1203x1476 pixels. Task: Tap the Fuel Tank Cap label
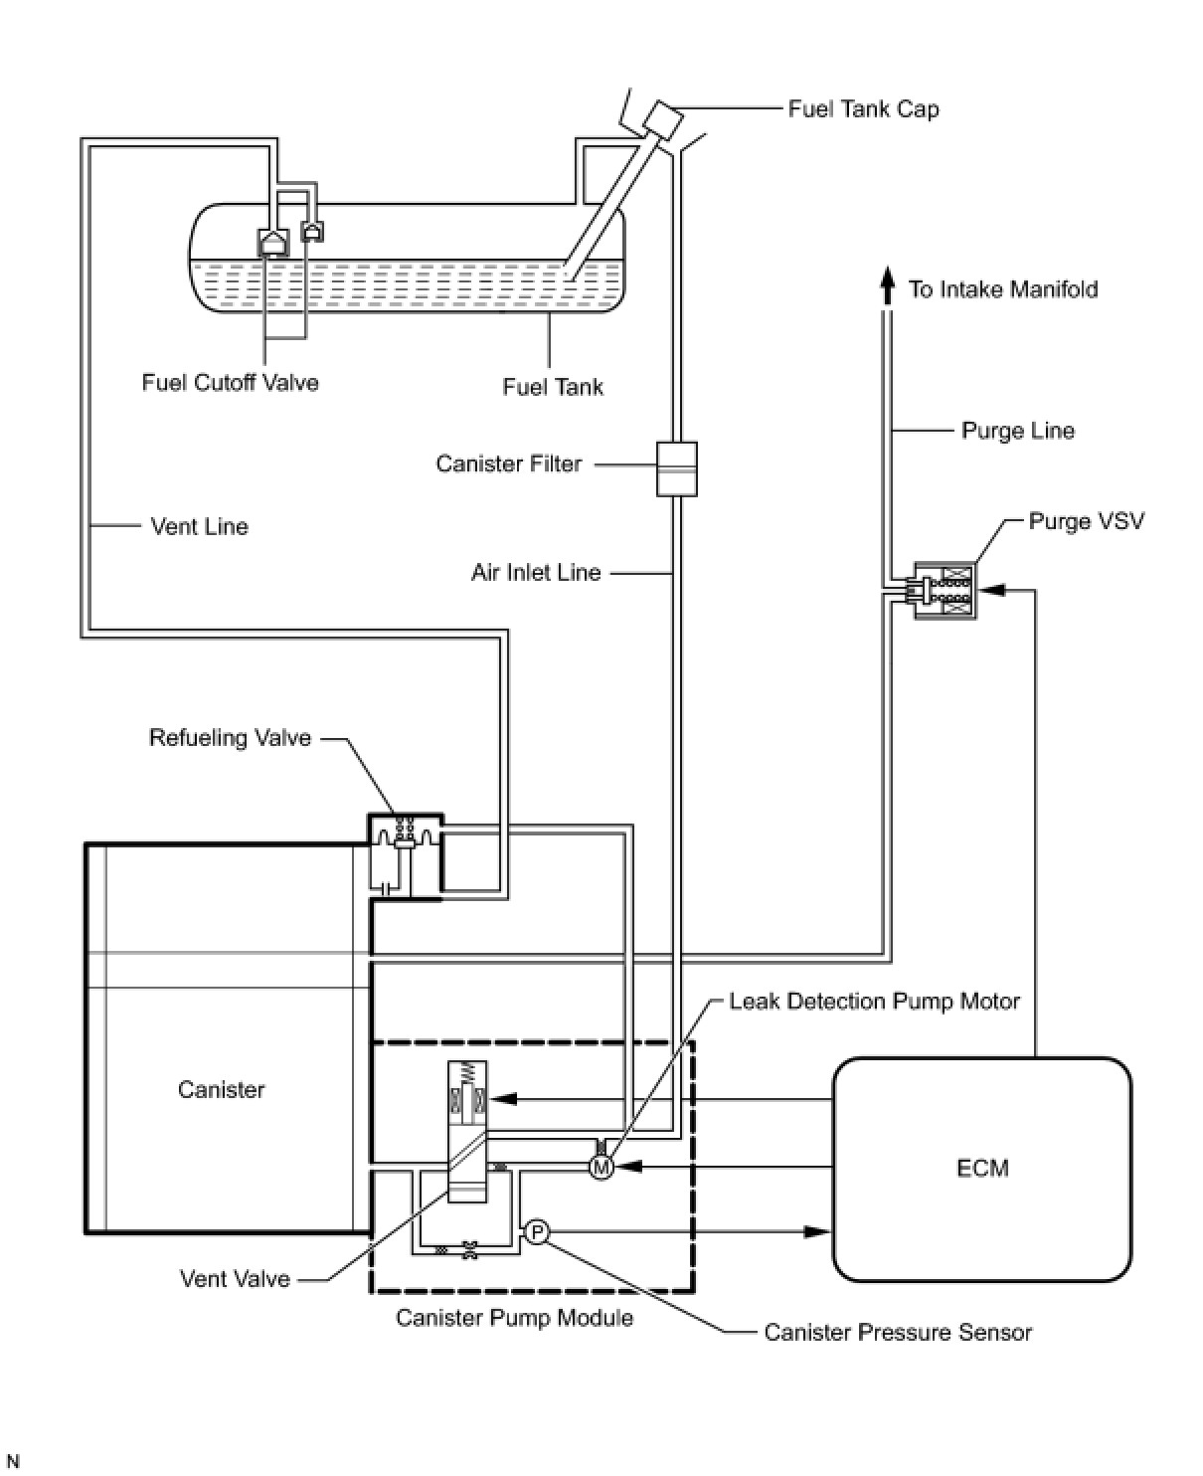(x=864, y=109)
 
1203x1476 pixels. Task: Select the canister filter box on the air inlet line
(x=676, y=468)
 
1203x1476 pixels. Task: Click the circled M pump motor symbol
(x=601, y=1167)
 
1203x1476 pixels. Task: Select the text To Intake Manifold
(x=1003, y=289)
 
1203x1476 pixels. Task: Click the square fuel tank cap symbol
(x=662, y=121)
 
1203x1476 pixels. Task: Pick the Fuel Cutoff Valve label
(x=230, y=383)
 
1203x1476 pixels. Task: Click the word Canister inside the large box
(x=221, y=1090)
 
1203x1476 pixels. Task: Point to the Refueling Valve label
(x=230, y=738)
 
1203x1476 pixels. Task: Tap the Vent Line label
(x=199, y=526)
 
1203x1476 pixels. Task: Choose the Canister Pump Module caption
(x=514, y=1318)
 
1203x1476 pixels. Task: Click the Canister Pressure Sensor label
(x=898, y=1332)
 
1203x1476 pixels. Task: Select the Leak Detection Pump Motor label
(x=874, y=1002)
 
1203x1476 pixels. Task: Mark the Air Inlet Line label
(x=536, y=573)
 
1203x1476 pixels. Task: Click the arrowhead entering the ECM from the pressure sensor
(x=817, y=1231)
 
